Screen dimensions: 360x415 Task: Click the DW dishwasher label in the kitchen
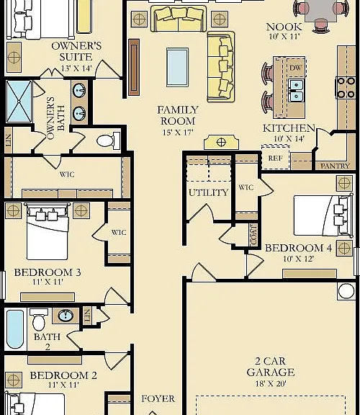click(x=295, y=68)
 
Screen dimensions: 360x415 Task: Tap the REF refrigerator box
click(x=275, y=158)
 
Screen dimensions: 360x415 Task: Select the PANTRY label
click(x=335, y=166)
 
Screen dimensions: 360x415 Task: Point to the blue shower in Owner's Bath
click(x=19, y=102)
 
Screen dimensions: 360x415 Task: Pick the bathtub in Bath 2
click(x=15, y=329)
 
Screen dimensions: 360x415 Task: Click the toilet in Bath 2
click(x=39, y=319)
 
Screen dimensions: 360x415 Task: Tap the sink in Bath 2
click(x=66, y=316)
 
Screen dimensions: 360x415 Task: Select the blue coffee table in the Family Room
click(x=178, y=67)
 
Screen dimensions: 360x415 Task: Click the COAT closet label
click(x=253, y=235)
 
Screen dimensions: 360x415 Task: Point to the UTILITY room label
click(x=208, y=192)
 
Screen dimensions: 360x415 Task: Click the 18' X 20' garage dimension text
click(x=271, y=383)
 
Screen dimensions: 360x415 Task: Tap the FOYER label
click(x=158, y=398)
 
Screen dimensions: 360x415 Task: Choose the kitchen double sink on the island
click(x=296, y=90)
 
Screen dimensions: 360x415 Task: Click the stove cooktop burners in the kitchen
click(x=346, y=88)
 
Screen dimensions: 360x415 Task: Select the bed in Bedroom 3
click(x=48, y=231)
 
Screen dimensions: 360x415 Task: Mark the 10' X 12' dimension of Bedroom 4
click(x=298, y=259)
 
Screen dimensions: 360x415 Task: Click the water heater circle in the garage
click(x=346, y=291)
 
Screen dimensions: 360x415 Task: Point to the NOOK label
click(x=284, y=27)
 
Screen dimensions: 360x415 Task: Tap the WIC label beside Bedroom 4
click(x=246, y=187)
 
